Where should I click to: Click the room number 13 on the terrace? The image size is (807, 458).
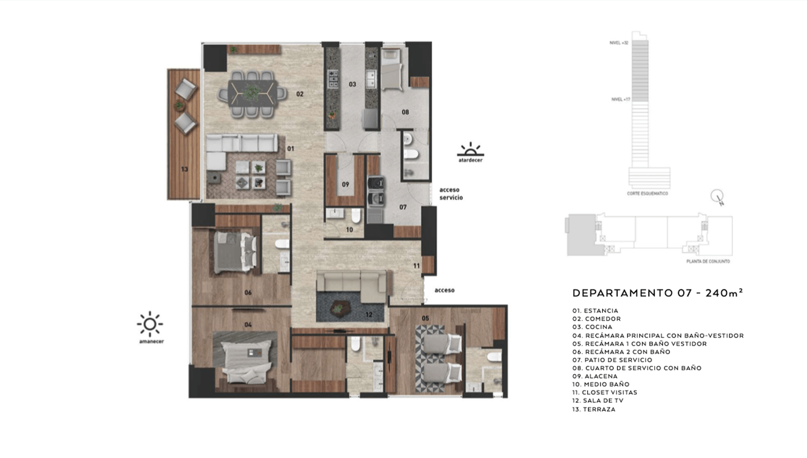coord(184,169)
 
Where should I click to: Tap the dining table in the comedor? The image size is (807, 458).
coord(253,92)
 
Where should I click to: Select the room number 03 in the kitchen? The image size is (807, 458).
coord(352,84)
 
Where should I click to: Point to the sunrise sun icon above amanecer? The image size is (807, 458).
coord(150,324)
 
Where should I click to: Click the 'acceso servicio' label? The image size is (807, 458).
coord(451,194)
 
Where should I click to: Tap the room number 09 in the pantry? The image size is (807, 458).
coord(346,184)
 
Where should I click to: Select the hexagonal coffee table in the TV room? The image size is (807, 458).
coord(340,308)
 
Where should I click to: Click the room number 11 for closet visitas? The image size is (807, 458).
coord(416,266)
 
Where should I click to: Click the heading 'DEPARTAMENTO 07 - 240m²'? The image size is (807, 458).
coord(658,293)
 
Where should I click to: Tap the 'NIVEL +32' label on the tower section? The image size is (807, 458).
coord(619,43)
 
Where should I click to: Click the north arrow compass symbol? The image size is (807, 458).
coord(717,198)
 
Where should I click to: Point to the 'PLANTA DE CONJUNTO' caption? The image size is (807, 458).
coord(708,261)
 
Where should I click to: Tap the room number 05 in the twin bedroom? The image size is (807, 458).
coord(425,318)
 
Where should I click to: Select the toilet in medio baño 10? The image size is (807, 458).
coord(355,216)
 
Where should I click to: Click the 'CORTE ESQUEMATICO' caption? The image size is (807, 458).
coord(647,194)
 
